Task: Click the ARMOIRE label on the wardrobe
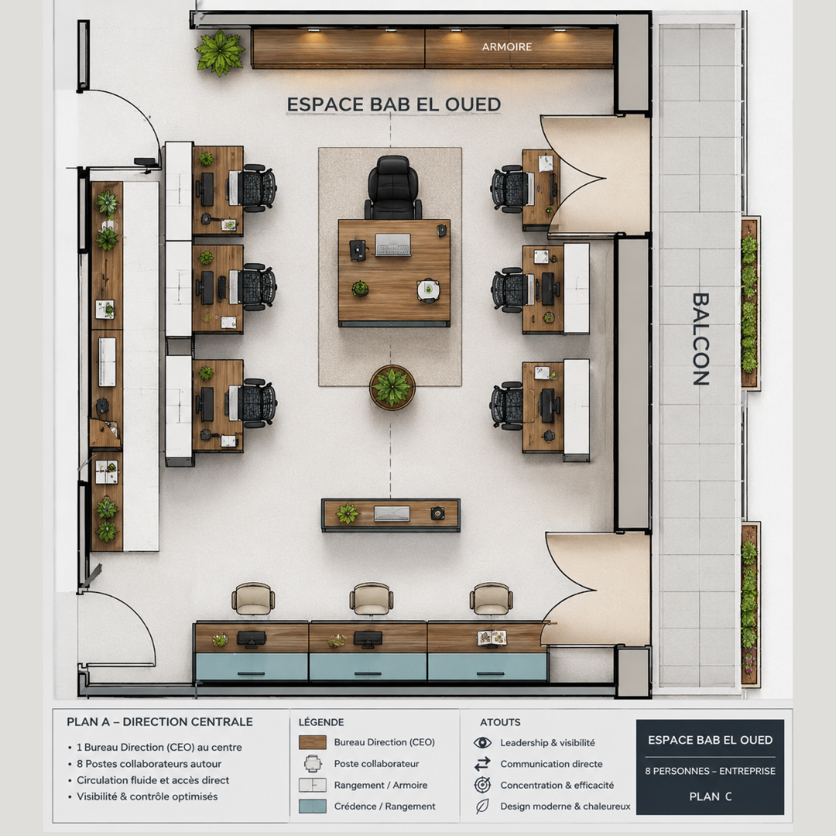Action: point(506,47)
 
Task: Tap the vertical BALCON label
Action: point(701,339)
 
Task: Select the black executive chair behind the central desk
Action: point(393,187)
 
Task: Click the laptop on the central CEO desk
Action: point(393,245)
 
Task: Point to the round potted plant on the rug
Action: point(392,387)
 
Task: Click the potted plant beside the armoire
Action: point(220,53)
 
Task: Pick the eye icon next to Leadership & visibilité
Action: point(482,742)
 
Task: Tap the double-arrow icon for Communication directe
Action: point(482,764)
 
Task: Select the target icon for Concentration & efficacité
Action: point(482,785)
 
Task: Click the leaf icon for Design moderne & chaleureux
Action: point(482,806)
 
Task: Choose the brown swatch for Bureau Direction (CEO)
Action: point(313,742)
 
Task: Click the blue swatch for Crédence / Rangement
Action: point(313,806)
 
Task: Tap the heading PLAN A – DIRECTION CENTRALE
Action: point(159,722)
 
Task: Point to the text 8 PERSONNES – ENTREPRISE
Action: point(710,771)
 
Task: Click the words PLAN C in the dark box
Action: point(710,797)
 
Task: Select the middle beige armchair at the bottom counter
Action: point(372,598)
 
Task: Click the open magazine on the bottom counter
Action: point(492,638)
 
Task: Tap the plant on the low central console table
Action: point(347,514)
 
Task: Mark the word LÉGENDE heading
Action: point(321,722)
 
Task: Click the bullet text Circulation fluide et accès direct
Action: point(153,780)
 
